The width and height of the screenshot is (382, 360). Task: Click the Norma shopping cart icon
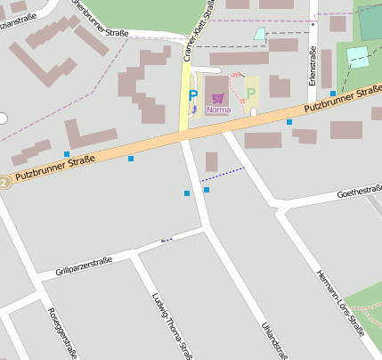coord(217,98)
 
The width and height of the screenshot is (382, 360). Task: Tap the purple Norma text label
coord(218,110)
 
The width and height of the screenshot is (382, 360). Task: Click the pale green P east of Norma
coord(251,94)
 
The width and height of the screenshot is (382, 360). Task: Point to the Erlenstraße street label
coord(313,67)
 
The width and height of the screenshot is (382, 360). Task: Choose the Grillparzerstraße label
coord(83,265)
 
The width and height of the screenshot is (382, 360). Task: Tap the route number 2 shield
coord(4,182)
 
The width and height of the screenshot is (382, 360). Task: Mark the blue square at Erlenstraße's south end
coord(333,93)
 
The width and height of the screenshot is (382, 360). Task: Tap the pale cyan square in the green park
coord(357,57)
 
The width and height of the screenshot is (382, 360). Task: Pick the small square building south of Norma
coord(211,161)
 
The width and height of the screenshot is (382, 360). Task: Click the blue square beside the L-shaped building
coord(67,154)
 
